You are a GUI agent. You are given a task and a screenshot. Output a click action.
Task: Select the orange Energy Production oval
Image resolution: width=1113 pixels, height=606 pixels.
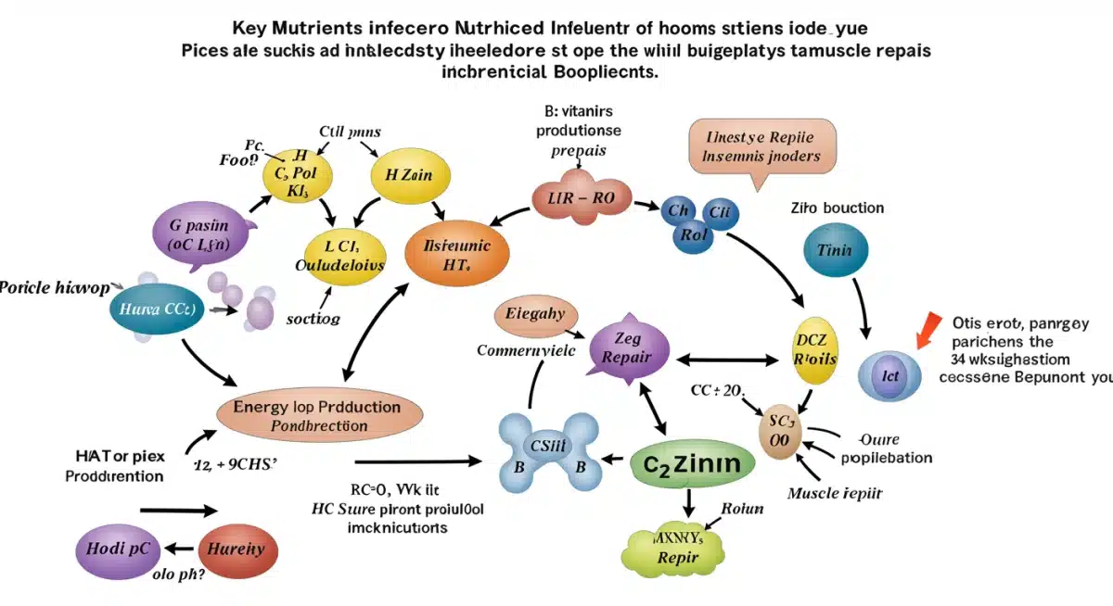tap(319, 414)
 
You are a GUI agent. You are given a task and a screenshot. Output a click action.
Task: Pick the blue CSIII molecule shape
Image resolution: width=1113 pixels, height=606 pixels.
tap(545, 451)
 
